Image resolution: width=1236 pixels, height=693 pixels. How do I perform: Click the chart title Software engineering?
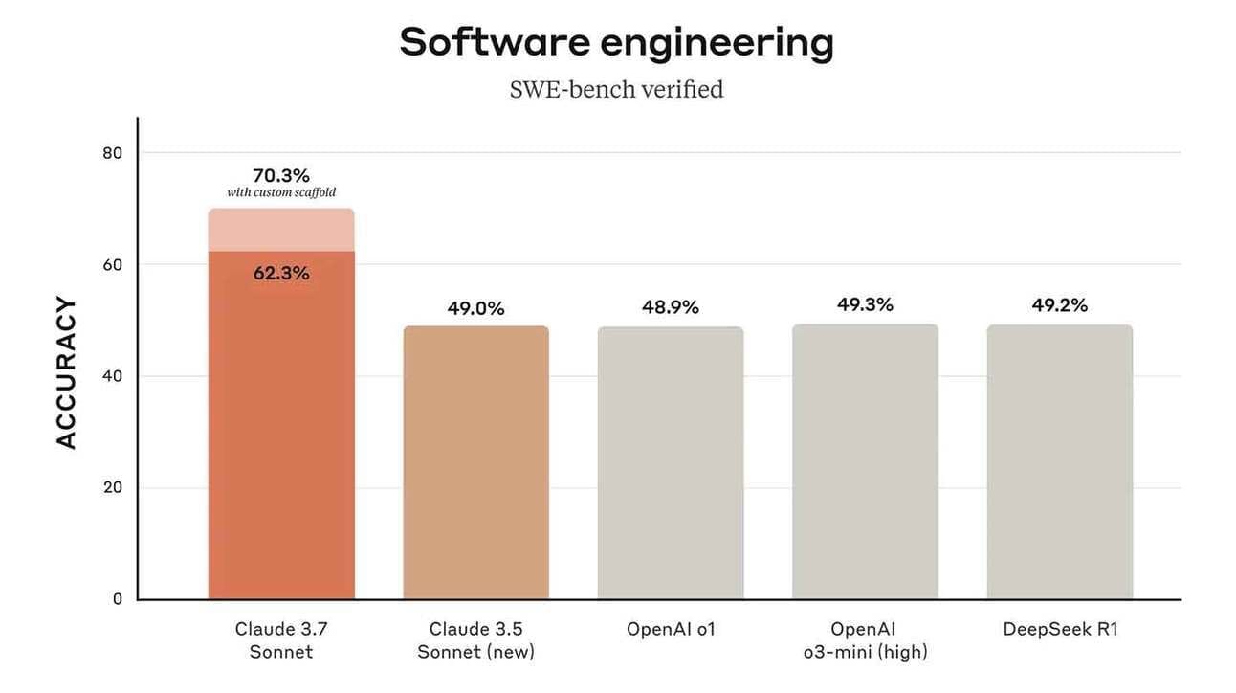(x=616, y=43)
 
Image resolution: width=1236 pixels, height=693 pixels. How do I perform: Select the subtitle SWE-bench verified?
(x=616, y=90)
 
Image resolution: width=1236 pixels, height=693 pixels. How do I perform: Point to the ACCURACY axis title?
(x=65, y=372)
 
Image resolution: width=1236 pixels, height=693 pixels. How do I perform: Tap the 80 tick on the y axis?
(x=112, y=152)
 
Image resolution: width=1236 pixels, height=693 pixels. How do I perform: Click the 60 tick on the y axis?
(x=112, y=264)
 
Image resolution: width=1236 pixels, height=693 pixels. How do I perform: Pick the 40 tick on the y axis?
(x=112, y=376)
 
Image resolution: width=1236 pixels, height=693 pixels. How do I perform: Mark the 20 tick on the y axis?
(x=112, y=487)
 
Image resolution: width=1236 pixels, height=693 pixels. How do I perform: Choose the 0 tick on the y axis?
(x=117, y=599)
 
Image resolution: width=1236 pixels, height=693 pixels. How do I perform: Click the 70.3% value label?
(x=281, y=175)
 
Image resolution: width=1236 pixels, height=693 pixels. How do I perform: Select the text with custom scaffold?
(x=281, y=193)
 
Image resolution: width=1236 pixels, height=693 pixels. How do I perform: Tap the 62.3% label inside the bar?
(x=281, y=274)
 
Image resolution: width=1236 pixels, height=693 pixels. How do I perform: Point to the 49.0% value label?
(x=475, y=308)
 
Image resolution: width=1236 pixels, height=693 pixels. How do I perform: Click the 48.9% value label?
(x=670, y=307)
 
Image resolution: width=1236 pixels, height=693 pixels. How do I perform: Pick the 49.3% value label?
(x=865, y=304)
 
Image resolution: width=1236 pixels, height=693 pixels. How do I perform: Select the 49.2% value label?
(x=1059, y=305)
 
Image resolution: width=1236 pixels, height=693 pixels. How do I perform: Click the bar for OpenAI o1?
(x=670, y=463)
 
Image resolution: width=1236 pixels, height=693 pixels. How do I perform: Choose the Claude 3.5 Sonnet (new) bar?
(x=475, y=463)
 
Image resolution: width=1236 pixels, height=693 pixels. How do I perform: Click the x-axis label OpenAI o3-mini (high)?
(x=865, y=640)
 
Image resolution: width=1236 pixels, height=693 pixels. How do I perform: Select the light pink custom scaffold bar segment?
(x=281, y=231)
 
